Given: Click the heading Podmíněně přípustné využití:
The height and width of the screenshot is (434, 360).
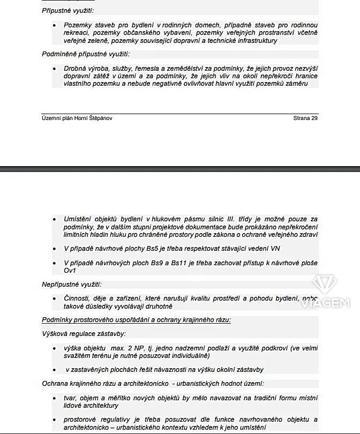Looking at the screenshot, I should [x=86, y=54].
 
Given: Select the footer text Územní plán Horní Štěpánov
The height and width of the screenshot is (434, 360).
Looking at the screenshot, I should [x=77, y=118].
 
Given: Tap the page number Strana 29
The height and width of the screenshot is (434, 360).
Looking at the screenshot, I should [x=305, y=118].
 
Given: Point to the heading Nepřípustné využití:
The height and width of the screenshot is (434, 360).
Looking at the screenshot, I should [x=72, y=284].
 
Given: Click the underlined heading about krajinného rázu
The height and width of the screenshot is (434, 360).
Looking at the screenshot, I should [x=137, y=320].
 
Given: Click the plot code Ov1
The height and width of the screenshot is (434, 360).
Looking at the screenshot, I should [x=70, y=271].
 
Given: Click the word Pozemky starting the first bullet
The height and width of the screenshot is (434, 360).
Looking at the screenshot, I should [x=78, y=25].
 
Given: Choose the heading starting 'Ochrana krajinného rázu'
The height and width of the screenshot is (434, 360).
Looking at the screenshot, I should [x=153, y=383].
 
